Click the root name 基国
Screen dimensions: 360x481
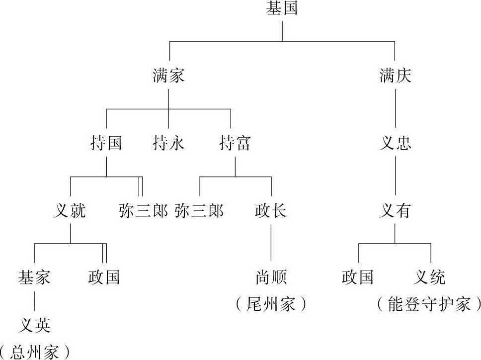click(282, 9)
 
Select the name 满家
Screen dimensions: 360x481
click(168, 76)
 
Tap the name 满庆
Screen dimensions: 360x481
click(395, 76)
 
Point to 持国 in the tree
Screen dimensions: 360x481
click(106, 144)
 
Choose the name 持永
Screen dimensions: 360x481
click(168, 144)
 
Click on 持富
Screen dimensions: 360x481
click(235, 144)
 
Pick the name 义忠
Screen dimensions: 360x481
click(395, 144)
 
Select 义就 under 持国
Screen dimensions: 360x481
click(70, 211)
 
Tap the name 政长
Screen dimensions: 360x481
click(271, 211)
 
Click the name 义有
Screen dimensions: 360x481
click(395, 211)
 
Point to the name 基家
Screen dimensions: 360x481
click(34, 277)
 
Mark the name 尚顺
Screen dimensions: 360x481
click(271, 277)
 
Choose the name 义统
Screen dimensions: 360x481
click(430, 277)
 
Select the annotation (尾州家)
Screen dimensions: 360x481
click(271, 303)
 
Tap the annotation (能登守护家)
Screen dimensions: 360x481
click(429, 303)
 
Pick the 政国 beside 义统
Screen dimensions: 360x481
click(358, 277)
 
